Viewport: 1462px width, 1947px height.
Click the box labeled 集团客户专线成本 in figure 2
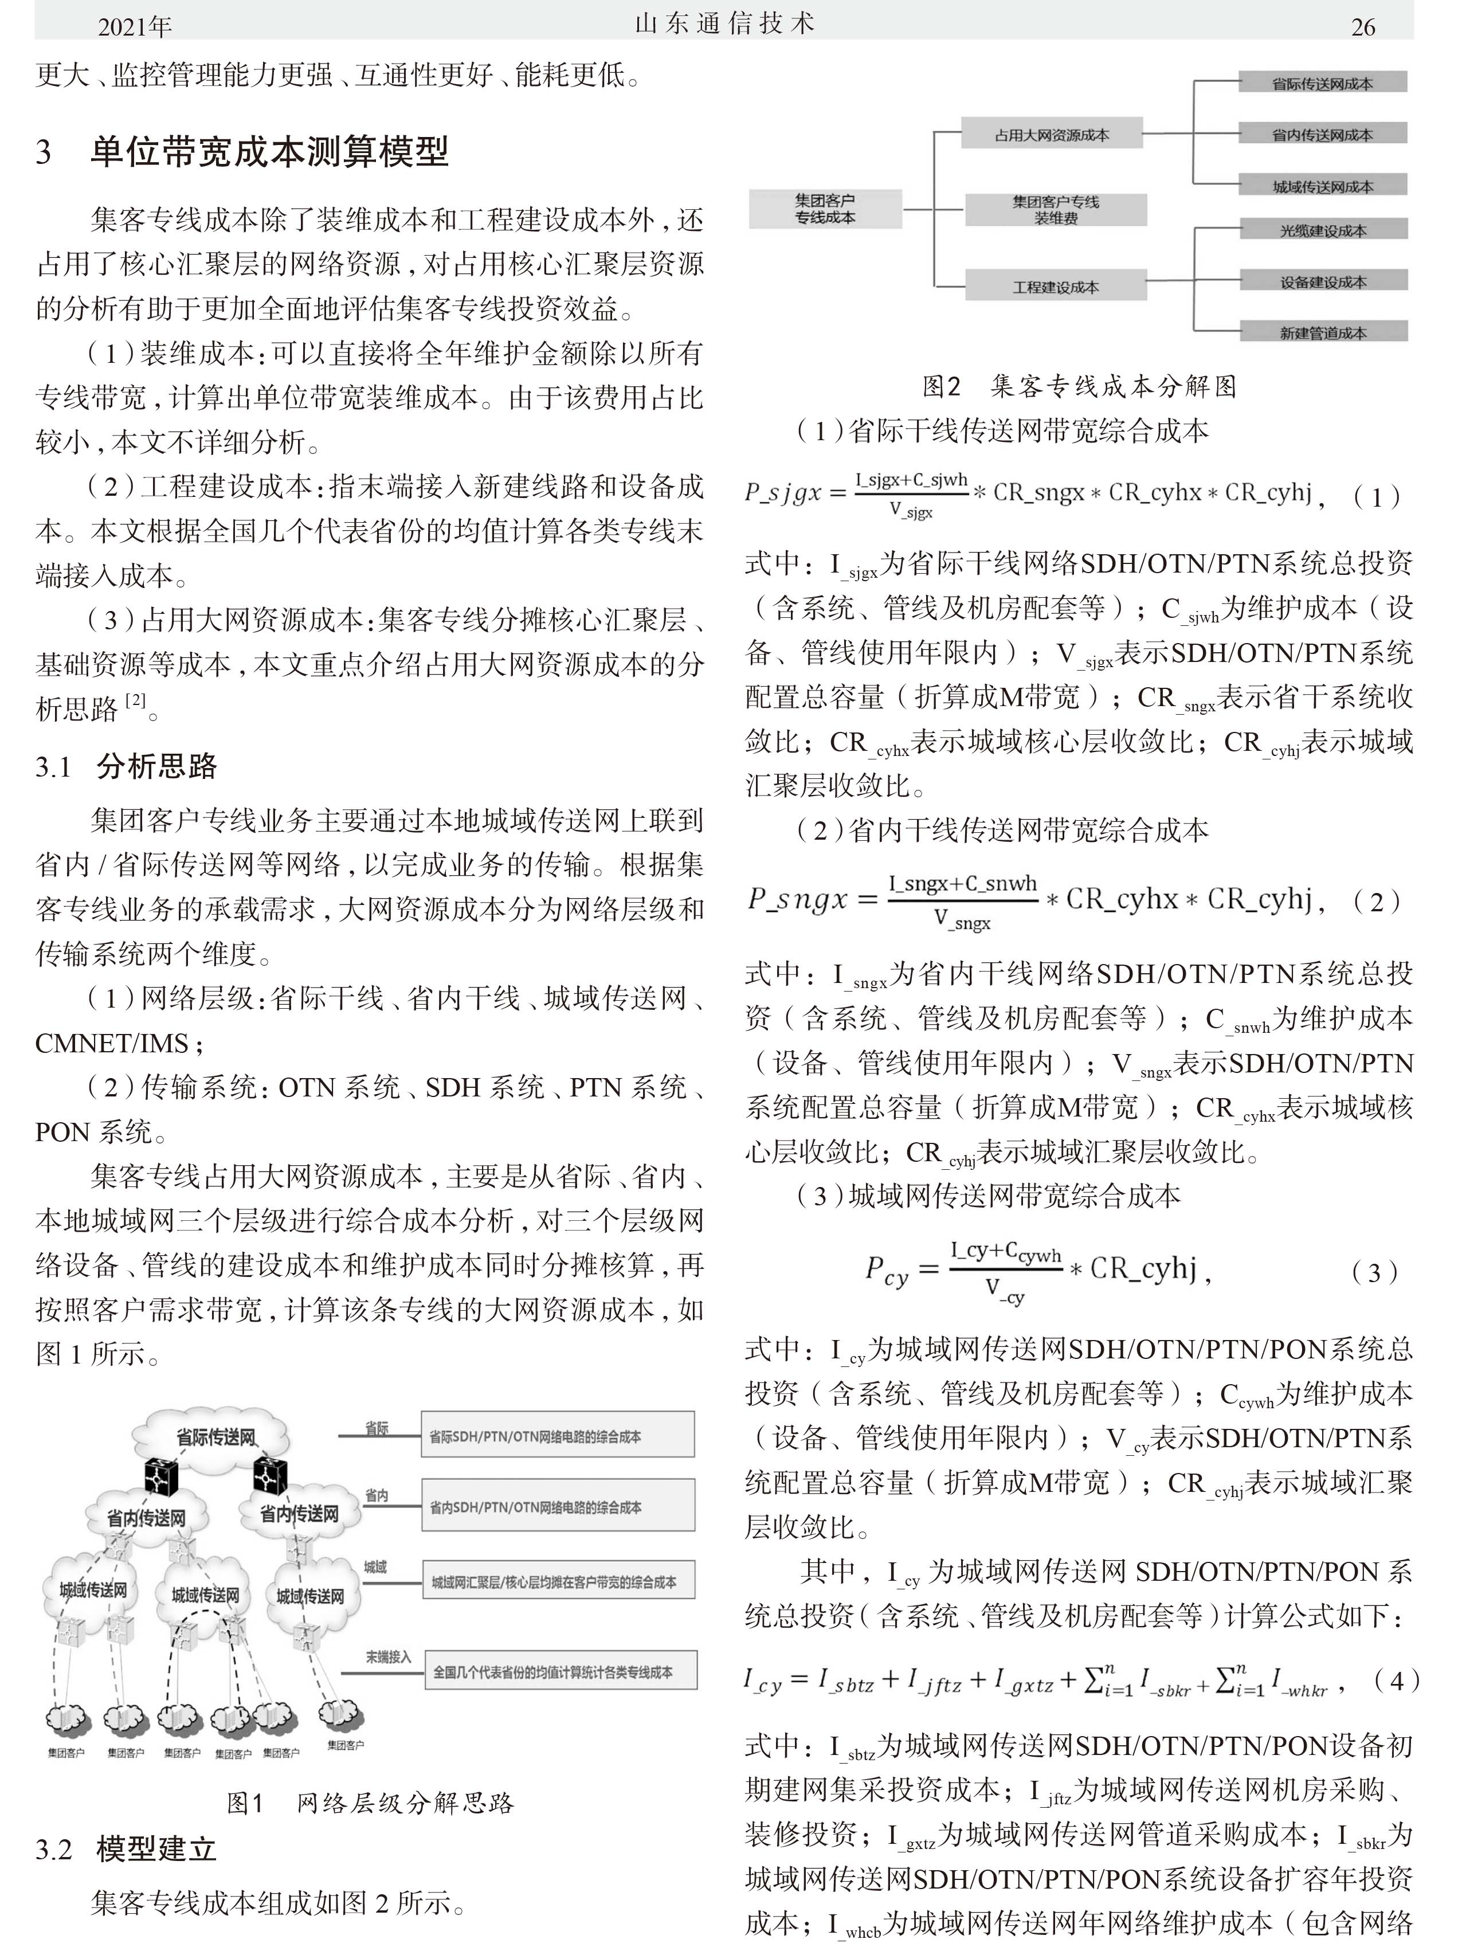[x=825, y=210]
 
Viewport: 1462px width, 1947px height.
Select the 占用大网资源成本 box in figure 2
[x=1051, y=135]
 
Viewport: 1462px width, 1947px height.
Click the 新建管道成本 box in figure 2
[x=1322, y=332]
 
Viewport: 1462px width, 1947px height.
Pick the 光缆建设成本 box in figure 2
[x=1322, y=230]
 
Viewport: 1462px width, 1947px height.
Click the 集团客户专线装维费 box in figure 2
[x=1055, y=210]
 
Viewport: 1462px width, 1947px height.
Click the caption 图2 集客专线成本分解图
[x=1079, y=386]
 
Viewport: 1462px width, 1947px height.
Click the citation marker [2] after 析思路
[x=136, y=702]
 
